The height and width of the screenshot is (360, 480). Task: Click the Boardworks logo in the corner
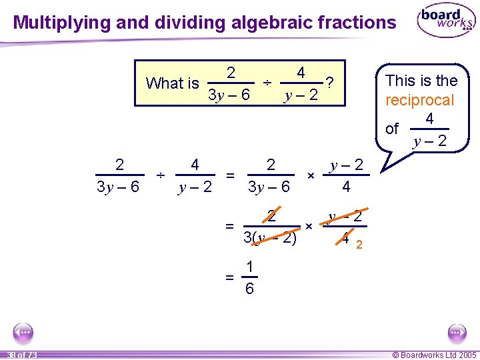[446, 22]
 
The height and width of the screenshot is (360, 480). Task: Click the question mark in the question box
[329, 83]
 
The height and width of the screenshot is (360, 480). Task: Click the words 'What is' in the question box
[172, 83]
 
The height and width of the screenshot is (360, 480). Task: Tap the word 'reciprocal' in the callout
[419, 101]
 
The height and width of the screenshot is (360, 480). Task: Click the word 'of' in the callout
[392, 129]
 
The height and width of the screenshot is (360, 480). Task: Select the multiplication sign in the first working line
[310, 175]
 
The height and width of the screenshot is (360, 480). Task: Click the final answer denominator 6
[249, 289]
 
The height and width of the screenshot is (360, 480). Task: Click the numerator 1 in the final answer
[249, 267]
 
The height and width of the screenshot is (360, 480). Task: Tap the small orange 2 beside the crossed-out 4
[359, 245]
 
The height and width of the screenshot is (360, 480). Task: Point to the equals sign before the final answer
[229, 277]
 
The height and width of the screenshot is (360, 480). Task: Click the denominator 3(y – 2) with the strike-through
[269, 237]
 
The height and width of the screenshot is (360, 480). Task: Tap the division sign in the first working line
[160, 175]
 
